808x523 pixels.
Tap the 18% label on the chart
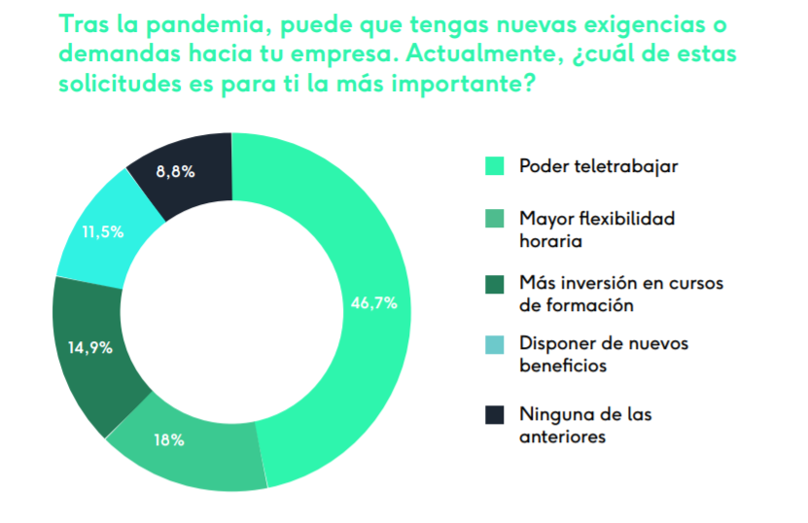[x=168, y=439]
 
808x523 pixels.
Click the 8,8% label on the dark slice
[x=175, y=171]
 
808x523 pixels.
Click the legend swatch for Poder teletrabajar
[x=494, y=166]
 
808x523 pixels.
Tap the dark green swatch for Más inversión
[x=494, y=284]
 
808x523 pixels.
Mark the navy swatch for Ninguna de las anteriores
[x=494, y=415]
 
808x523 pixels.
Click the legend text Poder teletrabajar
[x=598, y=165]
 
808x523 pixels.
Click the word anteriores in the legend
[x=563, y=437]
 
